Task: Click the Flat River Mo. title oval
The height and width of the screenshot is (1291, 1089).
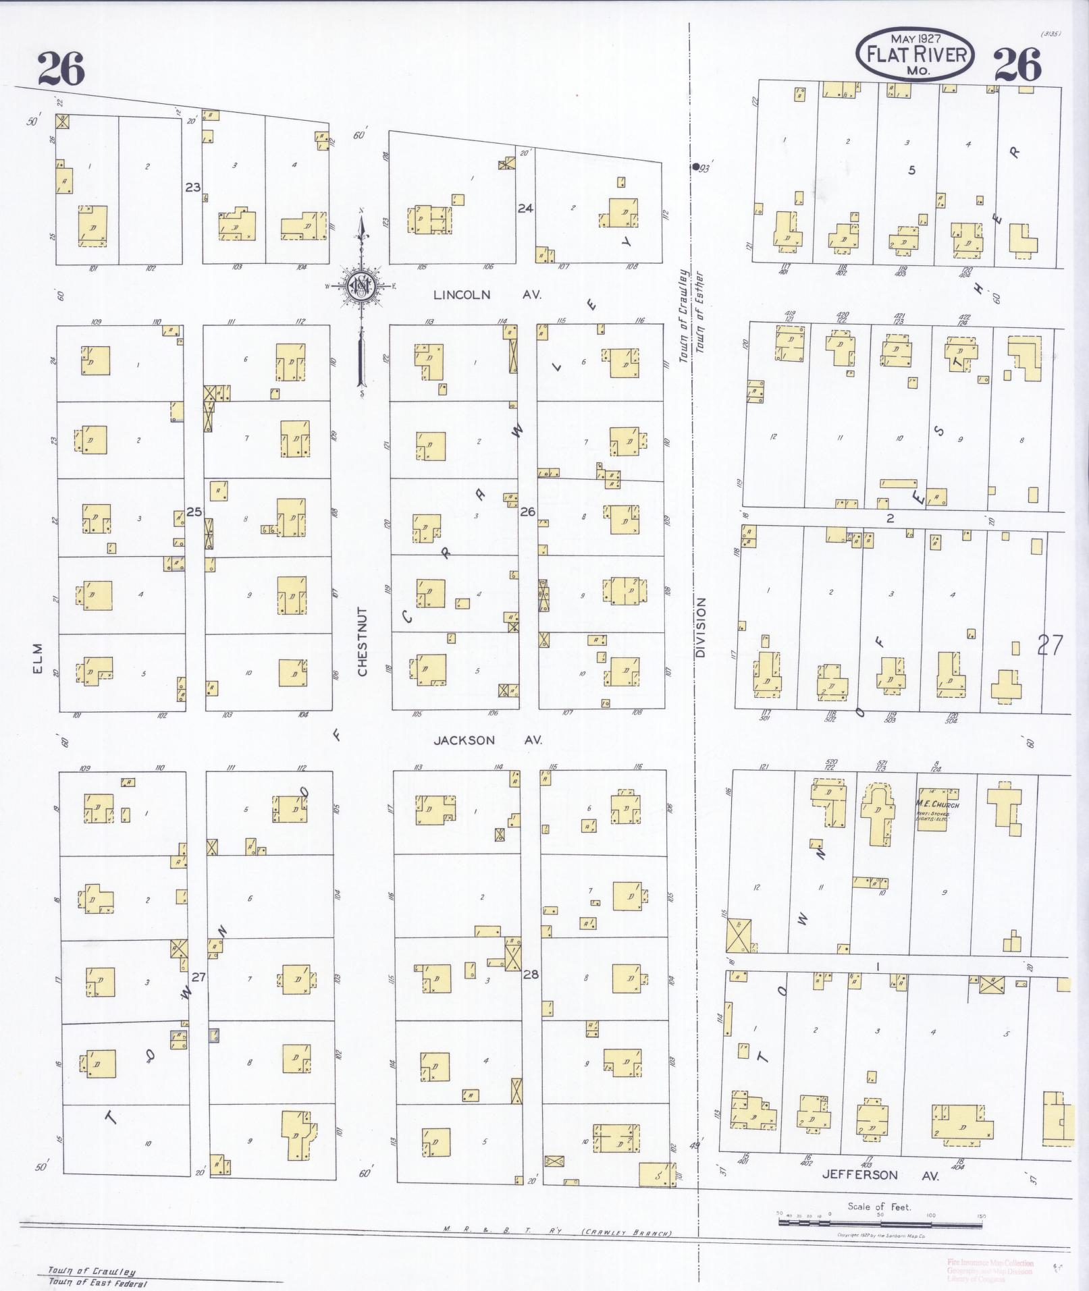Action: point(915,55)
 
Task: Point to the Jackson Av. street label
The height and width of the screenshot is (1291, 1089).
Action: point(487,740)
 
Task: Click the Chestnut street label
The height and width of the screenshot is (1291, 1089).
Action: point(362,642)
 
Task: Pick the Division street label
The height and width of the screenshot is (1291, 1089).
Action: point(700,628)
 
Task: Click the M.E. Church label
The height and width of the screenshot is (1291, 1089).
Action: point(937,804)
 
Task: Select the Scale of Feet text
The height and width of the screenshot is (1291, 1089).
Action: point(879,1207)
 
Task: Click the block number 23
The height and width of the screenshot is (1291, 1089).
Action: point(193,187)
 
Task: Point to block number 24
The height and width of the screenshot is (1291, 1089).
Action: point(525,209)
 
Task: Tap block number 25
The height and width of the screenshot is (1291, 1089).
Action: point(194,512)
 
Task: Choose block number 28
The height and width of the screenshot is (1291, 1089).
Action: point(531,974)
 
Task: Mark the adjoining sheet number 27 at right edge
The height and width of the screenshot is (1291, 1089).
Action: point(1050,646)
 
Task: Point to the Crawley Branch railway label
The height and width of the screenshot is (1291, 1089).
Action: point(627,1233)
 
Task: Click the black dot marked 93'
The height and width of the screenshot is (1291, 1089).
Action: point(695,167)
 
